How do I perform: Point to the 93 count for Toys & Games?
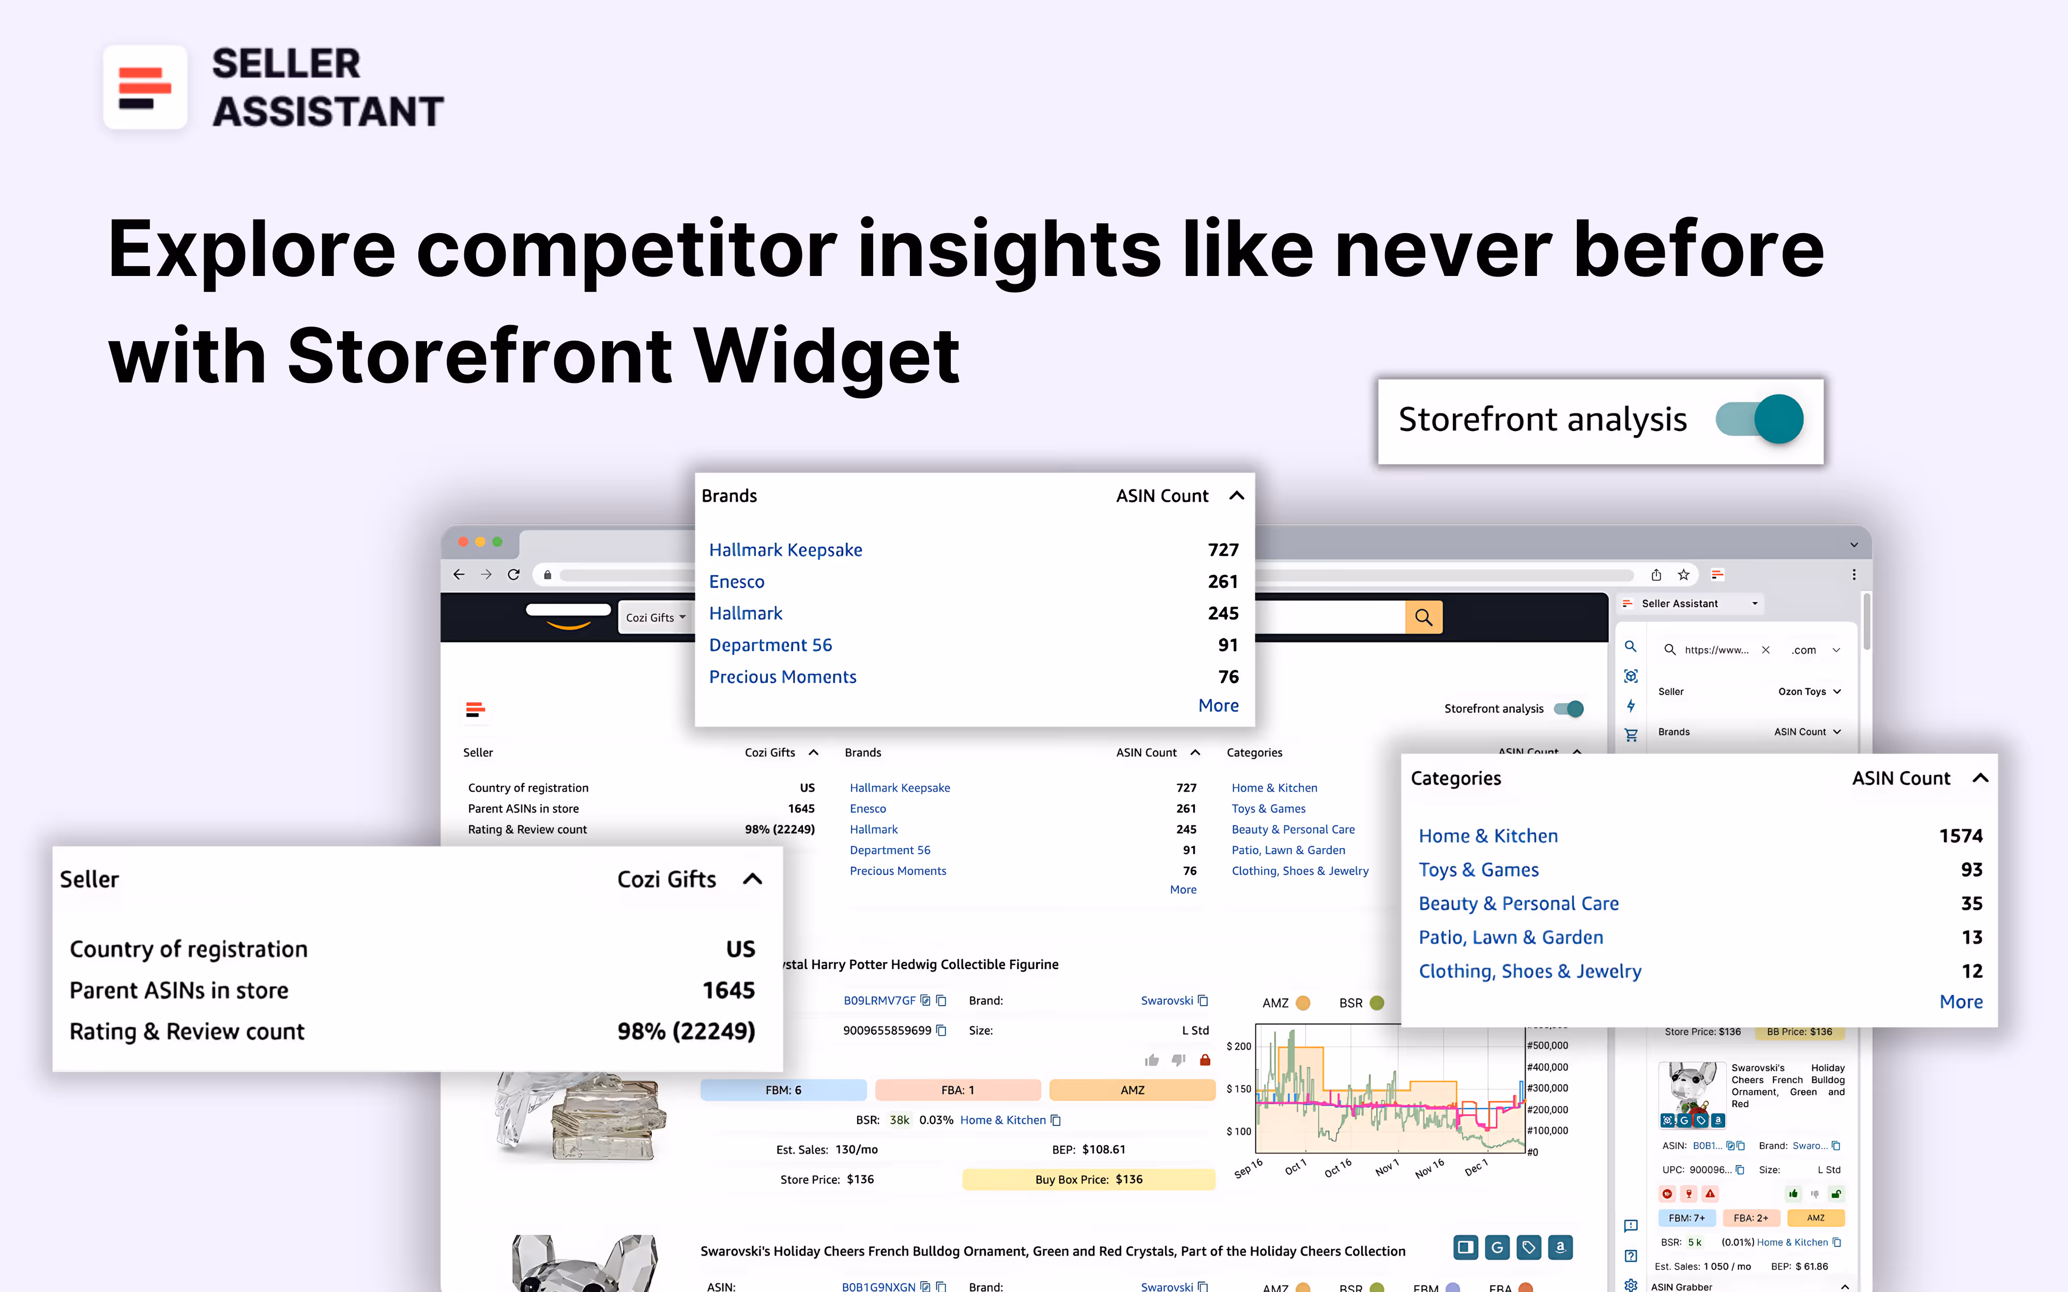tap(1971, 870)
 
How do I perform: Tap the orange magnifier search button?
tap(1423, 617)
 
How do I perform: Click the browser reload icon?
tap(513, 574)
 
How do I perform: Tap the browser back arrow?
tap(459, 574)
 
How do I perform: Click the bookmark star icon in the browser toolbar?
tap(1683, 574)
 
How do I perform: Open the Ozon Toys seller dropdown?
tap(1808, 691)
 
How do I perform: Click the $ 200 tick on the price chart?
tap(1238, 1046)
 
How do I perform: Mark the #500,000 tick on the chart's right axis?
tap(1547, 1045)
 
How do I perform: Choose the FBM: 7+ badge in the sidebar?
tap(1686, 1218)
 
